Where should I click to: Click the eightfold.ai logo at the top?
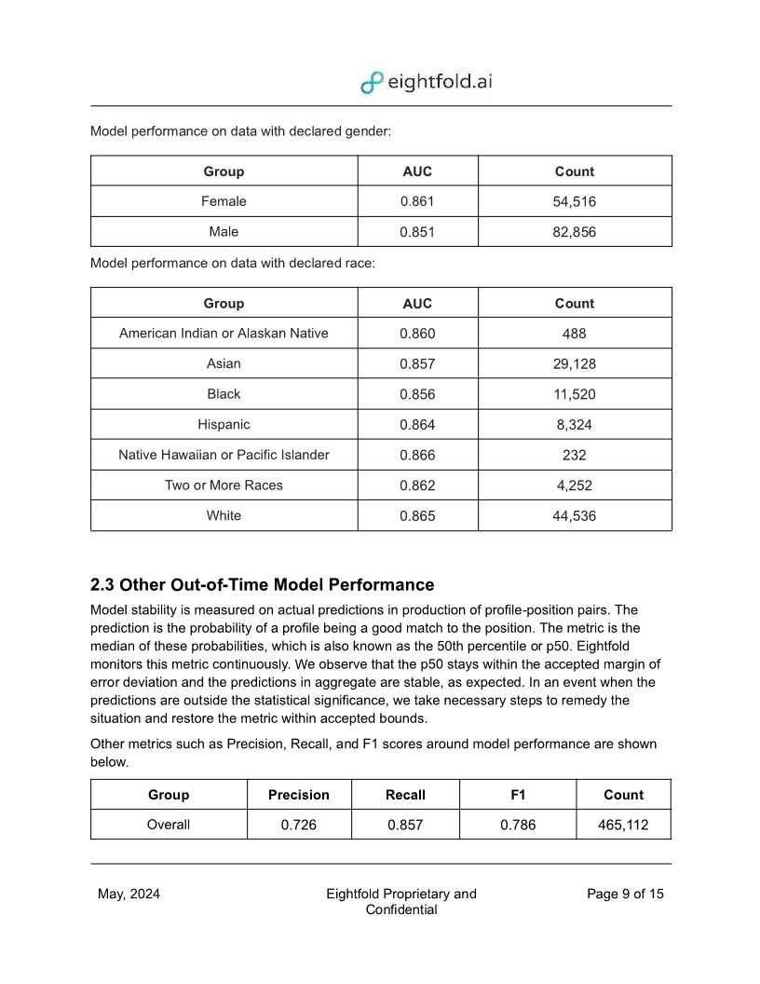[427, 82]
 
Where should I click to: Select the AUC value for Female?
[417, 201]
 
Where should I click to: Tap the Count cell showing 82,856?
[574, 232]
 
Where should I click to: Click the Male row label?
[224, 232]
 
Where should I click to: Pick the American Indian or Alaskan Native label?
[224, 333]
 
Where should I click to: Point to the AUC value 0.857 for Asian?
[417, 363]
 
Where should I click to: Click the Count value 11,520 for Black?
[574, 394]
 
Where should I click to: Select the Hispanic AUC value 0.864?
[417, 425]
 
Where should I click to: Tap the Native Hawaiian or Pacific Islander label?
[224, 455]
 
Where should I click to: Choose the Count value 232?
[574, 455]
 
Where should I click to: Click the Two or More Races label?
[224, 485]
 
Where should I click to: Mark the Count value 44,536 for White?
[574, 515]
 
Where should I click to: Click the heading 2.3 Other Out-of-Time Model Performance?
[262, 585]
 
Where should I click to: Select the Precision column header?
[299, 795]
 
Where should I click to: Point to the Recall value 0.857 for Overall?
[405, 825]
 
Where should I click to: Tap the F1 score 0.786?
[518, 825]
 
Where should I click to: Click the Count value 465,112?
[623, 825]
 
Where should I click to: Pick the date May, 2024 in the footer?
[129, 895]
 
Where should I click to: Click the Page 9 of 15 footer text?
[625, 895]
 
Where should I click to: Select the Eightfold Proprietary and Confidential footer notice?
[400, 902]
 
